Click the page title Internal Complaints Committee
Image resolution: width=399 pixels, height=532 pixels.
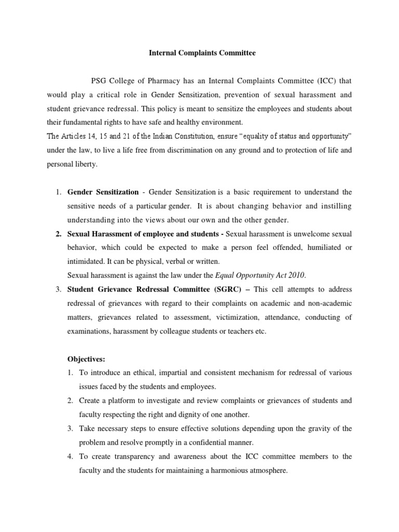(203, 53)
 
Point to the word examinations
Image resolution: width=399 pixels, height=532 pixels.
(90, 331)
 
